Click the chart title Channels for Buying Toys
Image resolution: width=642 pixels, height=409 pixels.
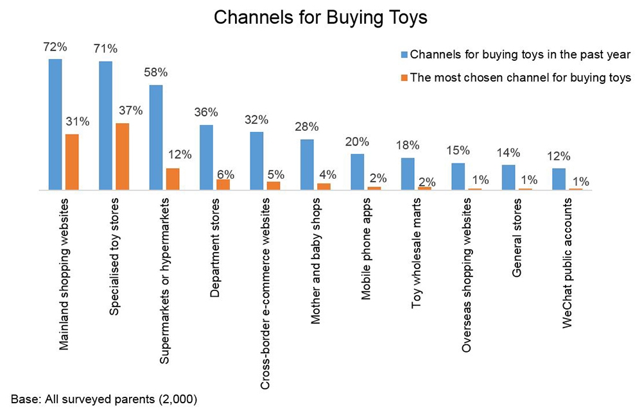pos(320,17)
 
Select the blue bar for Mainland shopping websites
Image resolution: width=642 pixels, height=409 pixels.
pos(55,124)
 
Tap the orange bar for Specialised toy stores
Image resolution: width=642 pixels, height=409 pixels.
pos(122,156)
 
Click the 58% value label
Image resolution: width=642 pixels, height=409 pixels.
pos(155,72)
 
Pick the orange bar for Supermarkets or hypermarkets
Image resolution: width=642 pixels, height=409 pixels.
pos(172,179)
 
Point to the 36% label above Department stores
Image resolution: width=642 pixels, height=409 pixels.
pos(205,112)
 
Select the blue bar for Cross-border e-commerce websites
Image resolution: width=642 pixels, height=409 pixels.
pos(256,161)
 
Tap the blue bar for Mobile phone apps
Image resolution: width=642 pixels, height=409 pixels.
pos(357,172)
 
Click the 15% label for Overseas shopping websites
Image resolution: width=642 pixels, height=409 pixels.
pos(458,150)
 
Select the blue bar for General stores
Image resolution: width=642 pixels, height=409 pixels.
pos(508,178)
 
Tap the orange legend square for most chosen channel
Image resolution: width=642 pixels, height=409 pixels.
pos(404,78)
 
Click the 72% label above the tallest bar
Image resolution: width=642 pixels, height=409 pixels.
pos(54,46)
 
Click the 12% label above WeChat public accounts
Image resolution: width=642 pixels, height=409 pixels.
pos(559,156)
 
